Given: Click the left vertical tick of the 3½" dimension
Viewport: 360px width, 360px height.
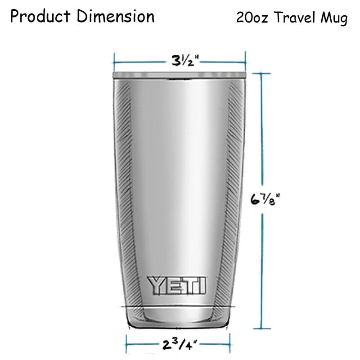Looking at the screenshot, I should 114,59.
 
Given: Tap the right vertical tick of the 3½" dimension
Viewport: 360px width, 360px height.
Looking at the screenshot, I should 245,59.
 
